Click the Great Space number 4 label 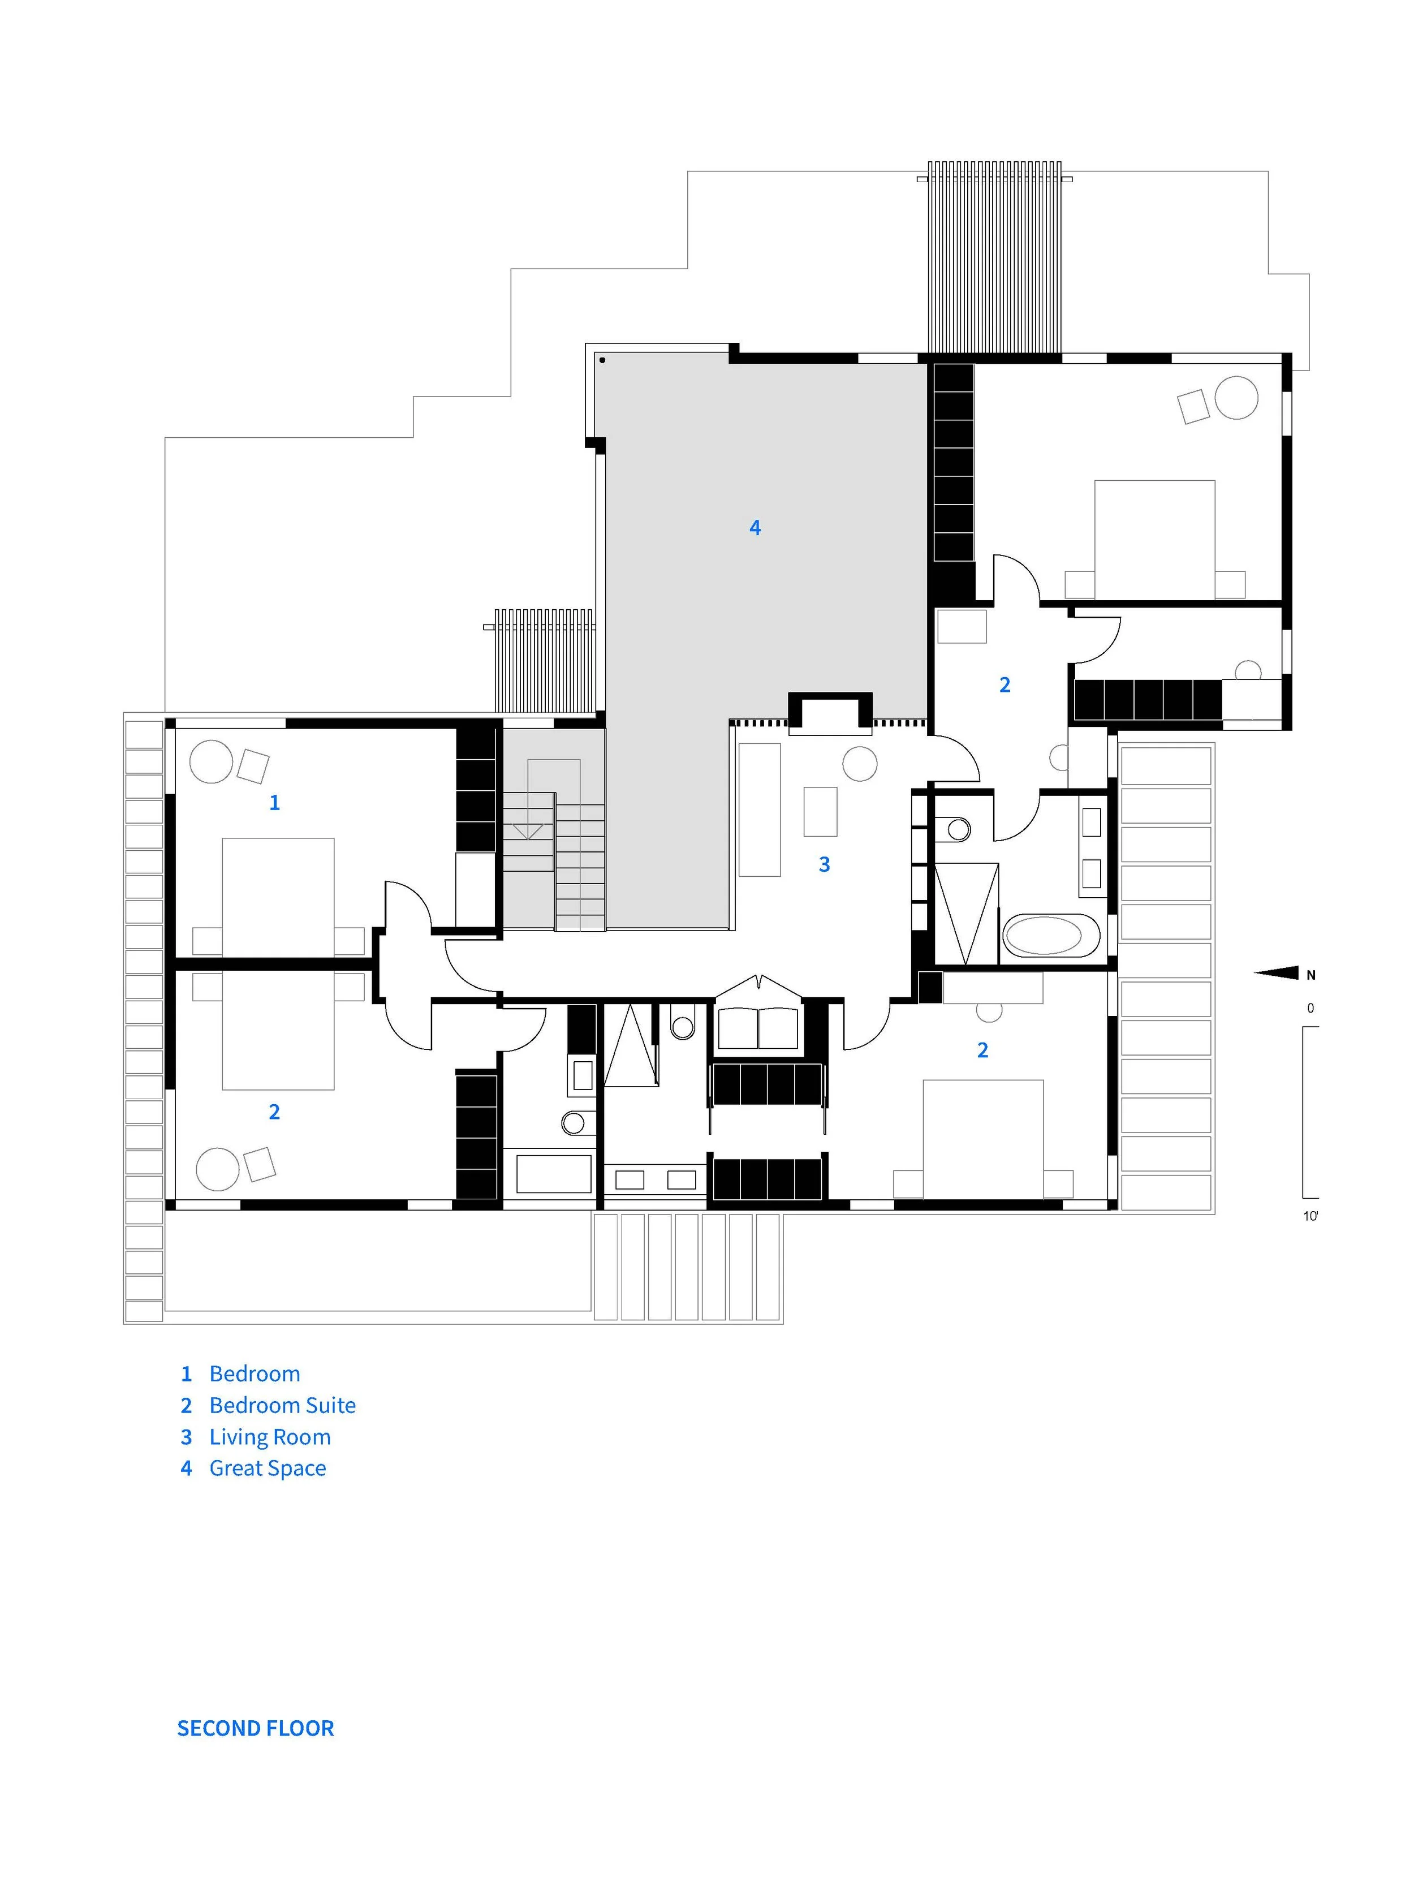(755, 527)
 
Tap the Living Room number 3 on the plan (824, 865)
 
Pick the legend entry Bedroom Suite (282, 1405)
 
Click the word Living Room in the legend (270, 1437)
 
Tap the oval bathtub (1050, 935)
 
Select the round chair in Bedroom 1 (210, 761)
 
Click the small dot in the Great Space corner (602, 360)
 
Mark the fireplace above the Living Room (829, 712)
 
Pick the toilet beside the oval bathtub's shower (956, 829)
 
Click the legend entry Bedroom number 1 (240, 1374)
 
